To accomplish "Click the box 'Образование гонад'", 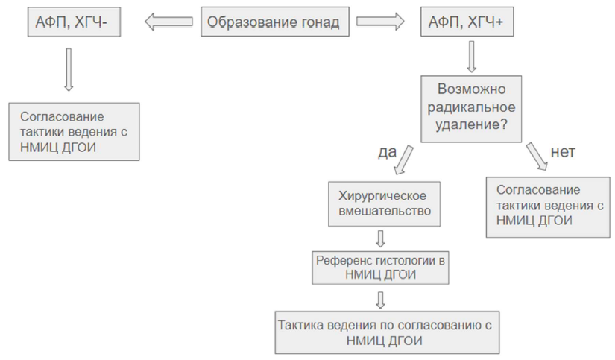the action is click(275, 22).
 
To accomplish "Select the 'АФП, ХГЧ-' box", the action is click(74, 22).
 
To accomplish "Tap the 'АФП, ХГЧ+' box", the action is click(467, 22).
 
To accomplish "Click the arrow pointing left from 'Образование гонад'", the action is click(168, 22).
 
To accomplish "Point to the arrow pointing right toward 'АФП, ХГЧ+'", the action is click(380, 22).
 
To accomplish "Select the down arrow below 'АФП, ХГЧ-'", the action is click(69, 70).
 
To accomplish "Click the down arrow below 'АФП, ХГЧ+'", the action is click(471, 57).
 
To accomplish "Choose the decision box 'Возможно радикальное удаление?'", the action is click(471, 109).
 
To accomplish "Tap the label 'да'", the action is click(387, 152).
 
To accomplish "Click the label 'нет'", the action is click(563, 152).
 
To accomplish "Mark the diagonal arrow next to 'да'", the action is click(403, 160).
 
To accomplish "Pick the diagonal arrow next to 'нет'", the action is click(537, 157).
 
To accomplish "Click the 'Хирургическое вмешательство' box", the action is click(385, 204).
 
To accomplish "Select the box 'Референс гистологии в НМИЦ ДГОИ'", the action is click(380, 268).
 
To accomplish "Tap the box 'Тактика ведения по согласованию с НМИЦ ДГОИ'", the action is click(387, 332).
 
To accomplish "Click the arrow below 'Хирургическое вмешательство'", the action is click(380, 239).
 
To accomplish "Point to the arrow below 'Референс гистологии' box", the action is click(380, 300).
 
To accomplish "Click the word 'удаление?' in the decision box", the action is click(471, 124).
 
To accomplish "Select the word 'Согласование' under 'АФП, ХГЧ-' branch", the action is click(62, 116).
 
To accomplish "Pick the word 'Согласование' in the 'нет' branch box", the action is click(538, 190).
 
